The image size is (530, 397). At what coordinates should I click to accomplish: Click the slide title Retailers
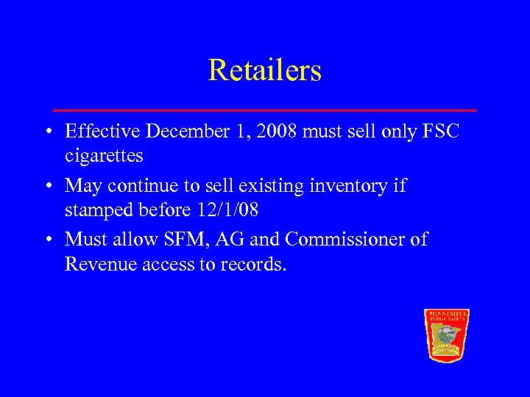pyautogui.click(x=265, y=71)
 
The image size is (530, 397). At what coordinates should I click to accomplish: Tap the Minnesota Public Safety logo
pyautogui.click(x=447, y=335)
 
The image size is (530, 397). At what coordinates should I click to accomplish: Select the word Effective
pyautogui.click(x=102, y=132)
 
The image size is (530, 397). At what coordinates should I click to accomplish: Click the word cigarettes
pyautogui.click(x=104, y=156)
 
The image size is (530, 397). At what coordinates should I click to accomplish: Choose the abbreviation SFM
pyautogui.click(x=188, y=240)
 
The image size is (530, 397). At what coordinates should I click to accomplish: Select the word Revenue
pyautogui.click(x=100, y=264)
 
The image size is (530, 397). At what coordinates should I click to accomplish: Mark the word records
pyautogui.click(x=254, y=264)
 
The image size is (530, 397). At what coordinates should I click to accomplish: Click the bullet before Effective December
pyautogui.click(x=46, y=132)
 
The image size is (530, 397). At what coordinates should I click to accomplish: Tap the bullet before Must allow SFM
pyautogui.click(x=46, y=240)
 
